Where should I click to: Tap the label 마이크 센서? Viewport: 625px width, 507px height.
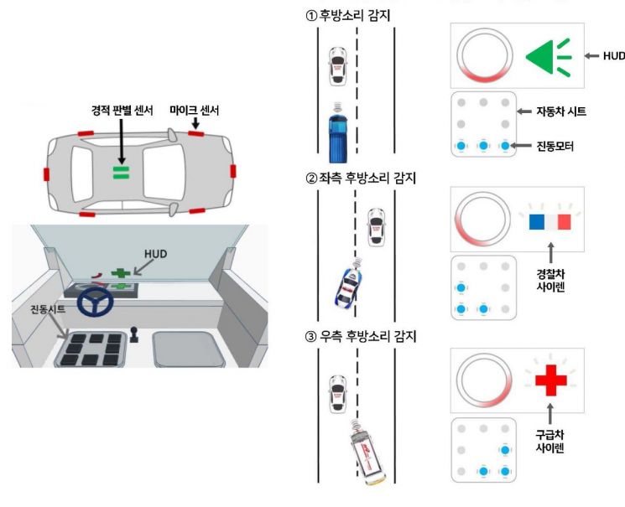[195, 109]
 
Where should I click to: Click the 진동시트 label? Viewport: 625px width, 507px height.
[44, 310]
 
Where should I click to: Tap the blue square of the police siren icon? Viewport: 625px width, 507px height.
[537, 220]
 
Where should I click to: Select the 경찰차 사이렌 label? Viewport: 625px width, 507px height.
[550, 279]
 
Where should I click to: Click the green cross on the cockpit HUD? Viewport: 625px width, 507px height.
[121, 272]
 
